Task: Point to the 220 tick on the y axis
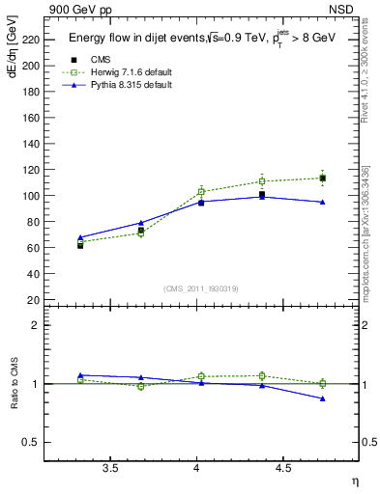(28, 40)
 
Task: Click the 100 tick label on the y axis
(28, 196)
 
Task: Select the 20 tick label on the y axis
(32, 300)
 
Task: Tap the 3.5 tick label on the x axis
(110, 469)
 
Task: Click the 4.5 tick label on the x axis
(283, 469)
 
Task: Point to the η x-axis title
(354, 481)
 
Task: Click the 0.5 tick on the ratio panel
(29, 443)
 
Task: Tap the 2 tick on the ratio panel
(34, 325)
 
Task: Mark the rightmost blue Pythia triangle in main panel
(322, 202)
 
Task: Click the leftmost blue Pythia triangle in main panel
(80, 237)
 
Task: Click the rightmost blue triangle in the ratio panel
(322, 398)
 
